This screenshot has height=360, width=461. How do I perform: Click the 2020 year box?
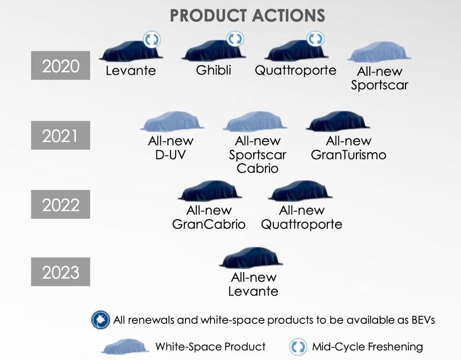point(61,65)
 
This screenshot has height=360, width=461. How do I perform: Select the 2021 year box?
point(61,136)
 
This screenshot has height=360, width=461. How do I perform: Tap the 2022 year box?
point(61,204)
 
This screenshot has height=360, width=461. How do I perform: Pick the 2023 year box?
point(61,272)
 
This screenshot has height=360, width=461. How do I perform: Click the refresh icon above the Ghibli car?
point(235,39)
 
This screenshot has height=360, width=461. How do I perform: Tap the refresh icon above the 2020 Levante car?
point(151,40)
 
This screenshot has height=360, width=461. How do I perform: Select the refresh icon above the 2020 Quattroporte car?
point(315,39)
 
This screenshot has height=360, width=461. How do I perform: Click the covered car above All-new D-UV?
point(172,121)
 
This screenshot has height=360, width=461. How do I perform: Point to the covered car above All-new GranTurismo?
point(338,121)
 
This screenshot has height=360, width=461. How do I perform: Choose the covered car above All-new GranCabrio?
point(210,191)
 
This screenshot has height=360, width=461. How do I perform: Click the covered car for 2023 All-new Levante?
point(251,258)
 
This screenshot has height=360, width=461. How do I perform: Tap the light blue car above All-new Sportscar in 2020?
point(379,52)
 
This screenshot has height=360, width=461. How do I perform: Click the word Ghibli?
point(214,70)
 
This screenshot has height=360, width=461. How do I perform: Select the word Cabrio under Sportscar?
point(258,168)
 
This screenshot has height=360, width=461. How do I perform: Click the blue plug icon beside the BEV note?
point(101,320)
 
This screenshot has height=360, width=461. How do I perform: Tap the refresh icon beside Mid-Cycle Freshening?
point(298,347)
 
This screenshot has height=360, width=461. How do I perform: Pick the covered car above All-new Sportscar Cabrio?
point(254,121)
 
